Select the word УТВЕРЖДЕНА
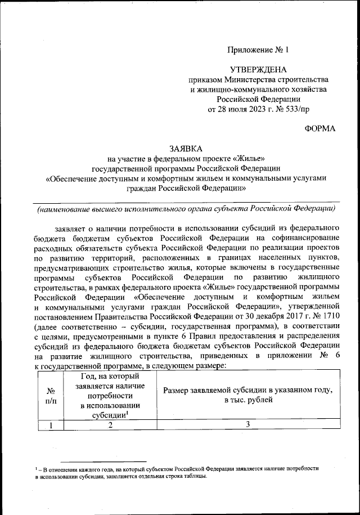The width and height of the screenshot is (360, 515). [x=258, y=70]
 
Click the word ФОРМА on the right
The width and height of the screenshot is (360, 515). [x=320, y=129]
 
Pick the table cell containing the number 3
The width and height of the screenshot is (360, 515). [x=247, y=426]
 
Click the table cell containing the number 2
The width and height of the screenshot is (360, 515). [x=110, y=426]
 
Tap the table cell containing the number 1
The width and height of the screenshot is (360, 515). [x=49, y=426]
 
